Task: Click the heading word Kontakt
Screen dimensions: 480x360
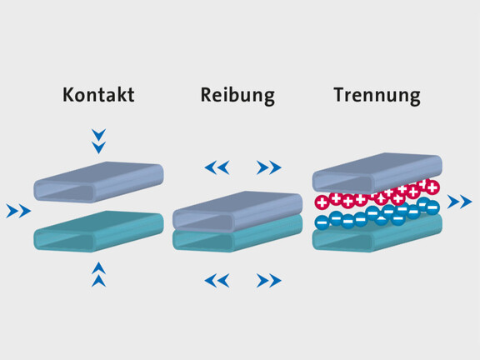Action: [x=98, y=95]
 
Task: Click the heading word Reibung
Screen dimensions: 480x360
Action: [x=237, y=96]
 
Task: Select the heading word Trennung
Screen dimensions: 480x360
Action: [x=377, y=96]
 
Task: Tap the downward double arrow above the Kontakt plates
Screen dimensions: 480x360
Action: [x=98, y=141]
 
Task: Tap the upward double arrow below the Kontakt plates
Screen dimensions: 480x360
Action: [x=98, y=274]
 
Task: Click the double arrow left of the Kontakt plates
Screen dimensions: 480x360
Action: [x=18, y=211]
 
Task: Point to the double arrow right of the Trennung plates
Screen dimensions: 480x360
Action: [x=459, y=202]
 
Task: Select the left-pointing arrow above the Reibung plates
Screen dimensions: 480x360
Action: [x=217, y=167]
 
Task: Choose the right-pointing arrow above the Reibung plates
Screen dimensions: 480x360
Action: [x=269, y=167]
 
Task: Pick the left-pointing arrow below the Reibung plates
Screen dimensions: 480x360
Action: [x=217, y=280]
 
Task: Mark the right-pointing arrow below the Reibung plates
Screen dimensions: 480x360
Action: [x=269, y=280]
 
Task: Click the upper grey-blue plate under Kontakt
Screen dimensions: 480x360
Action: [x=98, y=182]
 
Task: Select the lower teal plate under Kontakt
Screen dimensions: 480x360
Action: [x=98, y=232]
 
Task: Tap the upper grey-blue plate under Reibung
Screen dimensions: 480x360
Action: [x=237, y=212]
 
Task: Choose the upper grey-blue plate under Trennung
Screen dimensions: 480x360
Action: [x=377, y=173]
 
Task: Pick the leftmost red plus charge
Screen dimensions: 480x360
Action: [x=322, y=202]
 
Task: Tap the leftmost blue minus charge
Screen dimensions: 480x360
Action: [x=322, y=222]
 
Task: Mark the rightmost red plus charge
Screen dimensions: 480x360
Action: [x=432, y=187]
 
